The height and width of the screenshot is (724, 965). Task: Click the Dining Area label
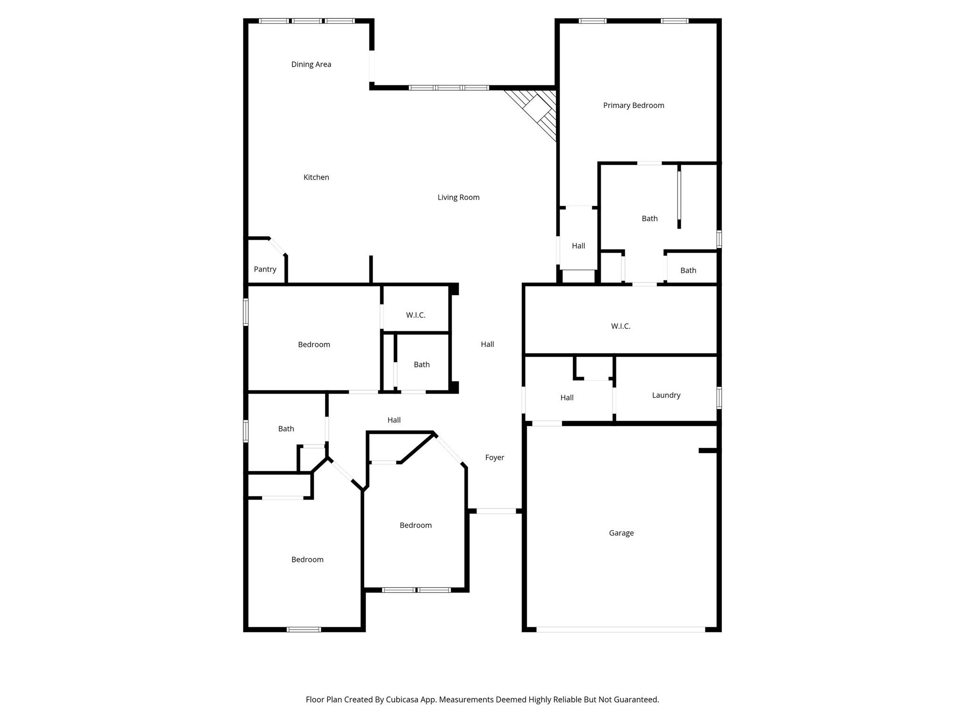pos(311,65)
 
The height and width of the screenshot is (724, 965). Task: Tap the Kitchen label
pos(316,177)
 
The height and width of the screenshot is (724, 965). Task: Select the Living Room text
pos(458,197)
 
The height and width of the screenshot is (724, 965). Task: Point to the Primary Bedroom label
pos(633,106)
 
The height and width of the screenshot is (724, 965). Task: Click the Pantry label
pos(265,269)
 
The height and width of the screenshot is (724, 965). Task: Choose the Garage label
pos(621,533)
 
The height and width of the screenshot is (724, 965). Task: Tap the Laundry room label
pos(666,395)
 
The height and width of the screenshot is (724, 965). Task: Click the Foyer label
pos(494,458)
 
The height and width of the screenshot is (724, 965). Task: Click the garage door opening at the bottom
pos(621,629)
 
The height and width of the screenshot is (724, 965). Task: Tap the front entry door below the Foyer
pos(496,511)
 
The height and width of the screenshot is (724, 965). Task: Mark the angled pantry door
pos(278,247)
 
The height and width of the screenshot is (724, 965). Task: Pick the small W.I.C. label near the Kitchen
pos(416,315)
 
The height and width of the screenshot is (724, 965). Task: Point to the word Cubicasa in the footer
pos(404,699)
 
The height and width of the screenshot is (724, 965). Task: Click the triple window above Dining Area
pos(307,21)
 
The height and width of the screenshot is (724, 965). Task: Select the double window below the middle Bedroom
pos(417,590)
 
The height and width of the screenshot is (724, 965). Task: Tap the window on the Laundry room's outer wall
pos(719,397)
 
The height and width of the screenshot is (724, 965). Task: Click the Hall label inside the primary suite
pos(578,246)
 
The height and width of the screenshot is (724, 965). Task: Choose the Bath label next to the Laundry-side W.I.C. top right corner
pos(688,271)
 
